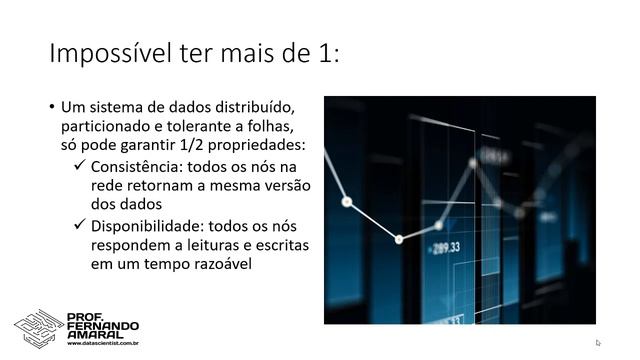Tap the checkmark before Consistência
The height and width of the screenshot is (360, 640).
point(80,166)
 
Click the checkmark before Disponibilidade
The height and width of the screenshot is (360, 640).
point(80,226)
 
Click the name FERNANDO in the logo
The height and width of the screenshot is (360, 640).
point(103,325)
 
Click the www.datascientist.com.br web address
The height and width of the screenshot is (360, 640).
point(102,344)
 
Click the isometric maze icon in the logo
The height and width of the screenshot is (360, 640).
point(38,327)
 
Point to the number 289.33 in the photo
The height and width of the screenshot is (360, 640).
point(447,247)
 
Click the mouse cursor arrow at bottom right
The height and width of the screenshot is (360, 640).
point(598,342)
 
